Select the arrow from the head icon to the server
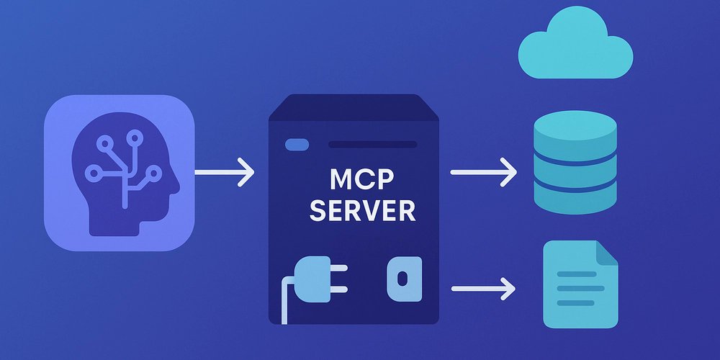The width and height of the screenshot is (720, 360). pos(225,174)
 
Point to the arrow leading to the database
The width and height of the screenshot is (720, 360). pos(483,174)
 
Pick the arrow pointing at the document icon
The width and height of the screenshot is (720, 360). pos(483,289)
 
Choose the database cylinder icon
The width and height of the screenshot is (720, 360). pos(575,166)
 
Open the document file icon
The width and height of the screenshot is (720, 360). pos(580,284)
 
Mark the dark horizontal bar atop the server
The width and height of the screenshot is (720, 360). pos(372,145)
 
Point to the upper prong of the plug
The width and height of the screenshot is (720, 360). pos(338,269)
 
